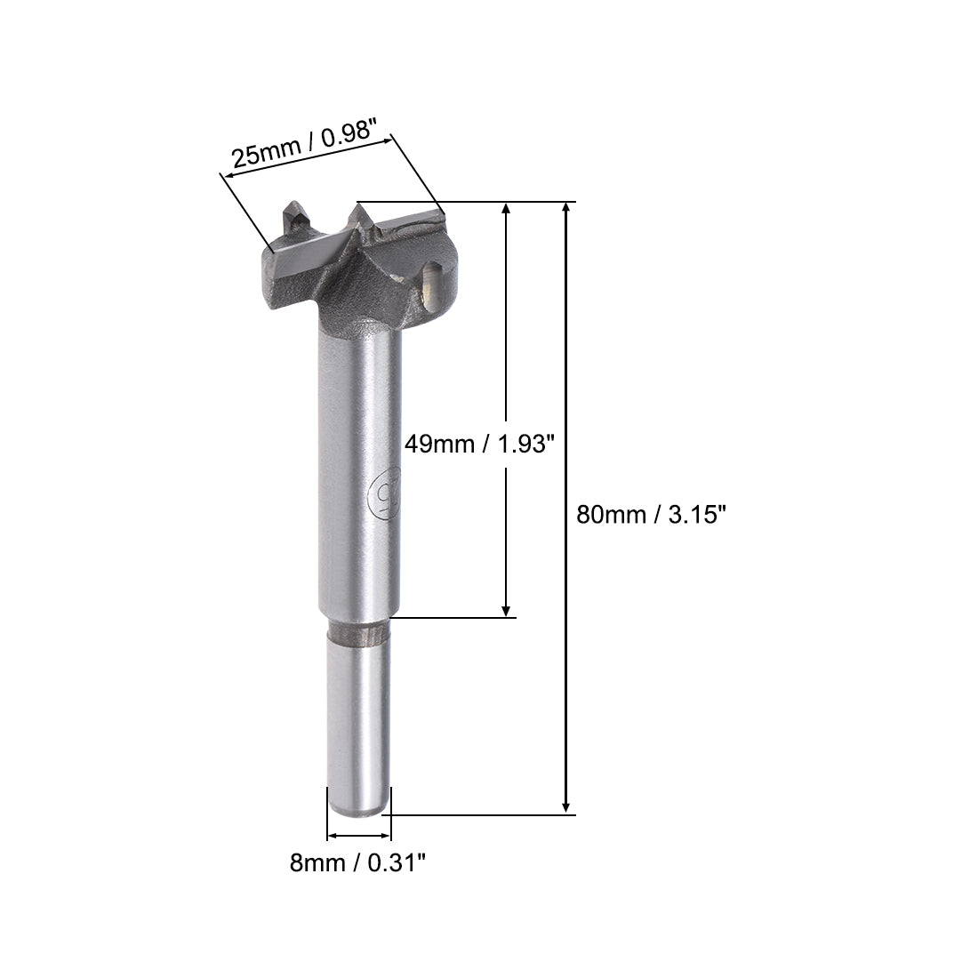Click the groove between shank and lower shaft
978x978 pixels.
coord(358,634)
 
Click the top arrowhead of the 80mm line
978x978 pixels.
coord(566,210)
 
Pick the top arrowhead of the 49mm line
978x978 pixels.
coord(506,210)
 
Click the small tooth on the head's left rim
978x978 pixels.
coord(292,219)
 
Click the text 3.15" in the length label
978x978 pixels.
coord(692,515)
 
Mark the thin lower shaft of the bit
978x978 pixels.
coord(358,720)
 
